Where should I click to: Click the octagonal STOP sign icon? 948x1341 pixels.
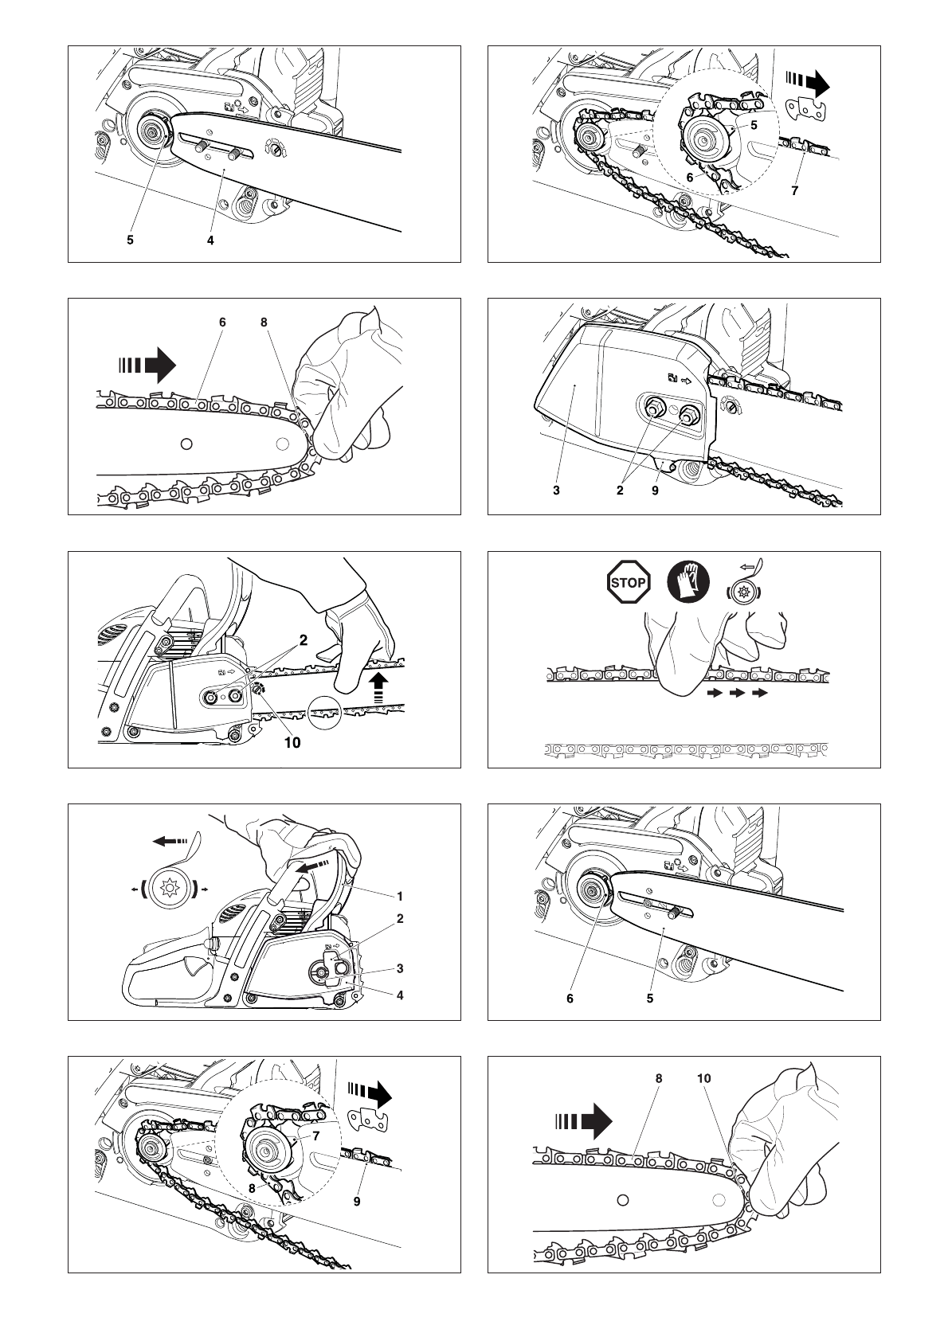[x=628, y=582]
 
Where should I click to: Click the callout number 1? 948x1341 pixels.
[x=400, y=896]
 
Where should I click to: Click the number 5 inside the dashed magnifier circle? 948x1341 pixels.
[x=753, y=124]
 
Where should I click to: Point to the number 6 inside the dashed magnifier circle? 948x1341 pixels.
[x=690, y=179]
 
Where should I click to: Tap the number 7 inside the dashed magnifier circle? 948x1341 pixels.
[x=316, y=1136]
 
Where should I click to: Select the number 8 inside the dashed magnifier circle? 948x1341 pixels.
[x=253, y=1186]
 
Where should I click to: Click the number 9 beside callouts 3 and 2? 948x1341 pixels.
[x=655, y=491]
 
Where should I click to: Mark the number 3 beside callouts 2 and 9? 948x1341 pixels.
[x=556, y=491]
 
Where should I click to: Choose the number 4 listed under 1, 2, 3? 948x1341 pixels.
[x=400, y=995]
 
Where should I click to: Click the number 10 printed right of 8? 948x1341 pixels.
[x=703, y=1078]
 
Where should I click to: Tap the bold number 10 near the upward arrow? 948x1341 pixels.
[x=292, y=742]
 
